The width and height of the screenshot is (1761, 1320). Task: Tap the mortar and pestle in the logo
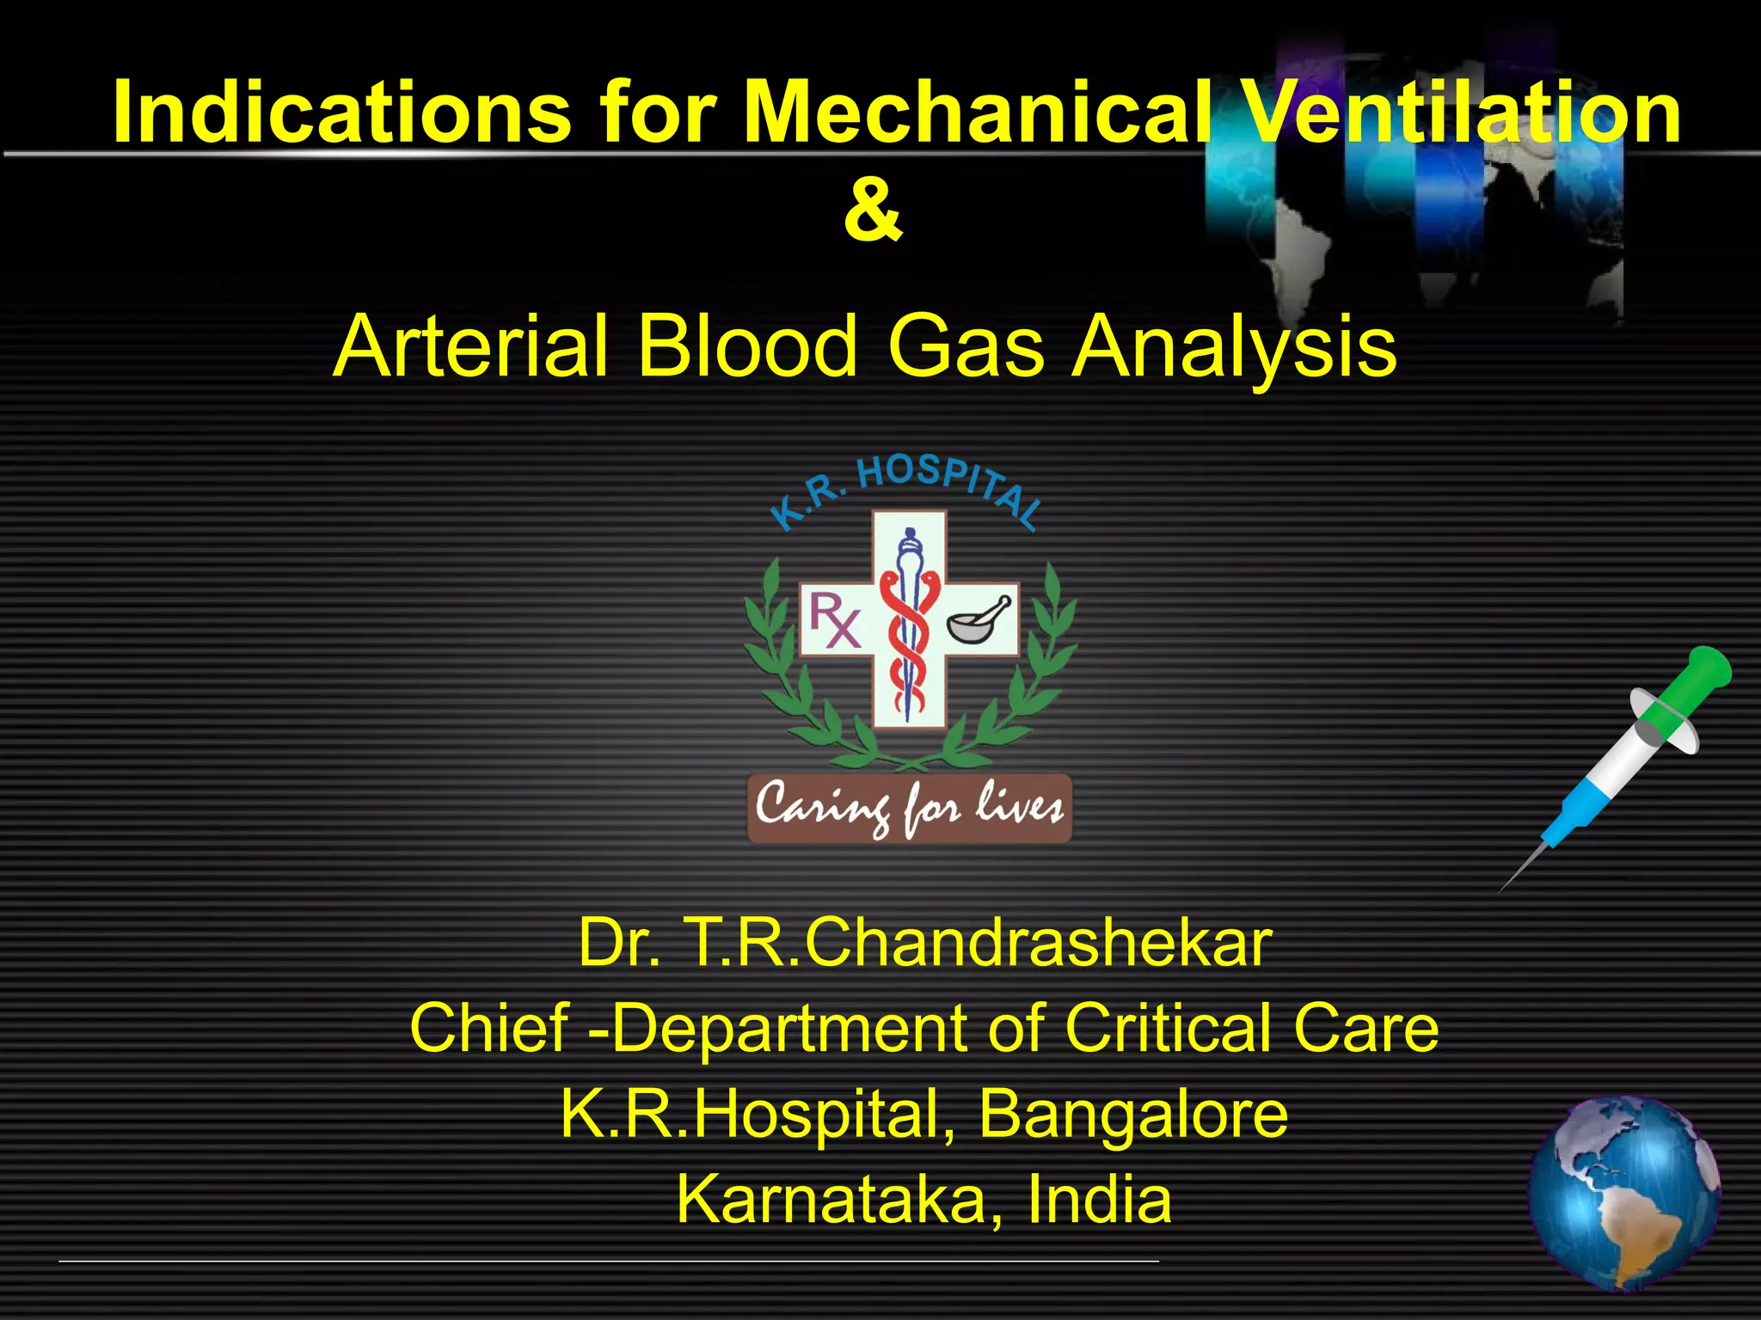979,620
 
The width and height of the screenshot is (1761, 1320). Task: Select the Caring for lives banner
909,808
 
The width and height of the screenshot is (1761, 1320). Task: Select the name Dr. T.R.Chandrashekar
924,944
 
